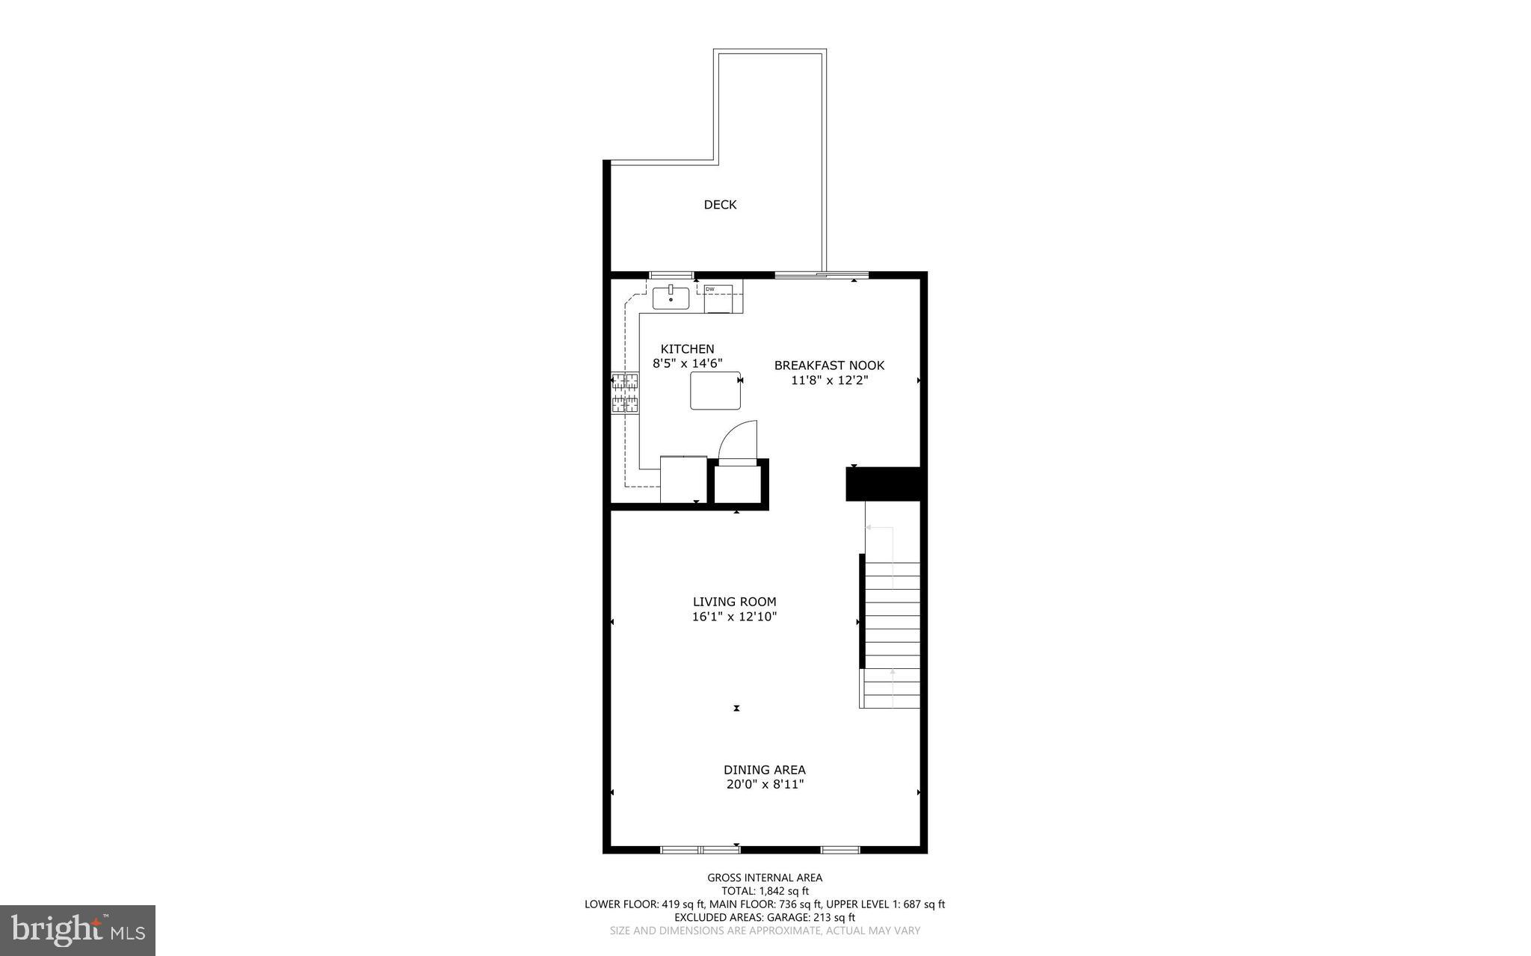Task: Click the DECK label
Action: [720, 205]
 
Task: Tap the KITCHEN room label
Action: [687, 349]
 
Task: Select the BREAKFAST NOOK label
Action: [829, 366]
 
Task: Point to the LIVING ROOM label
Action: [734, 602]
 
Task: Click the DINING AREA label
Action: [764, 770]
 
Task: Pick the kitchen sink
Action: [671, 297]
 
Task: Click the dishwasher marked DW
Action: [718, 298]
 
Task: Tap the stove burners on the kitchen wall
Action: [625, 393]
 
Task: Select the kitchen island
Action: [715, 390]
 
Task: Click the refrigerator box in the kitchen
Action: [683, 479]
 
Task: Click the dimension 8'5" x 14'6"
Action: [687, 364]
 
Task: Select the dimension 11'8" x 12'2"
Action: [829, 380]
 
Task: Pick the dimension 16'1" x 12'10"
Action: [734, 617]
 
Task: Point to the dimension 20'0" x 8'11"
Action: [764, 785]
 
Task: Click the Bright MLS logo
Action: [78, 930]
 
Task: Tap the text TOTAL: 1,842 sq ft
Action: [765, 891]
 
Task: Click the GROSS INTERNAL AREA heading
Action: [765, 878]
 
